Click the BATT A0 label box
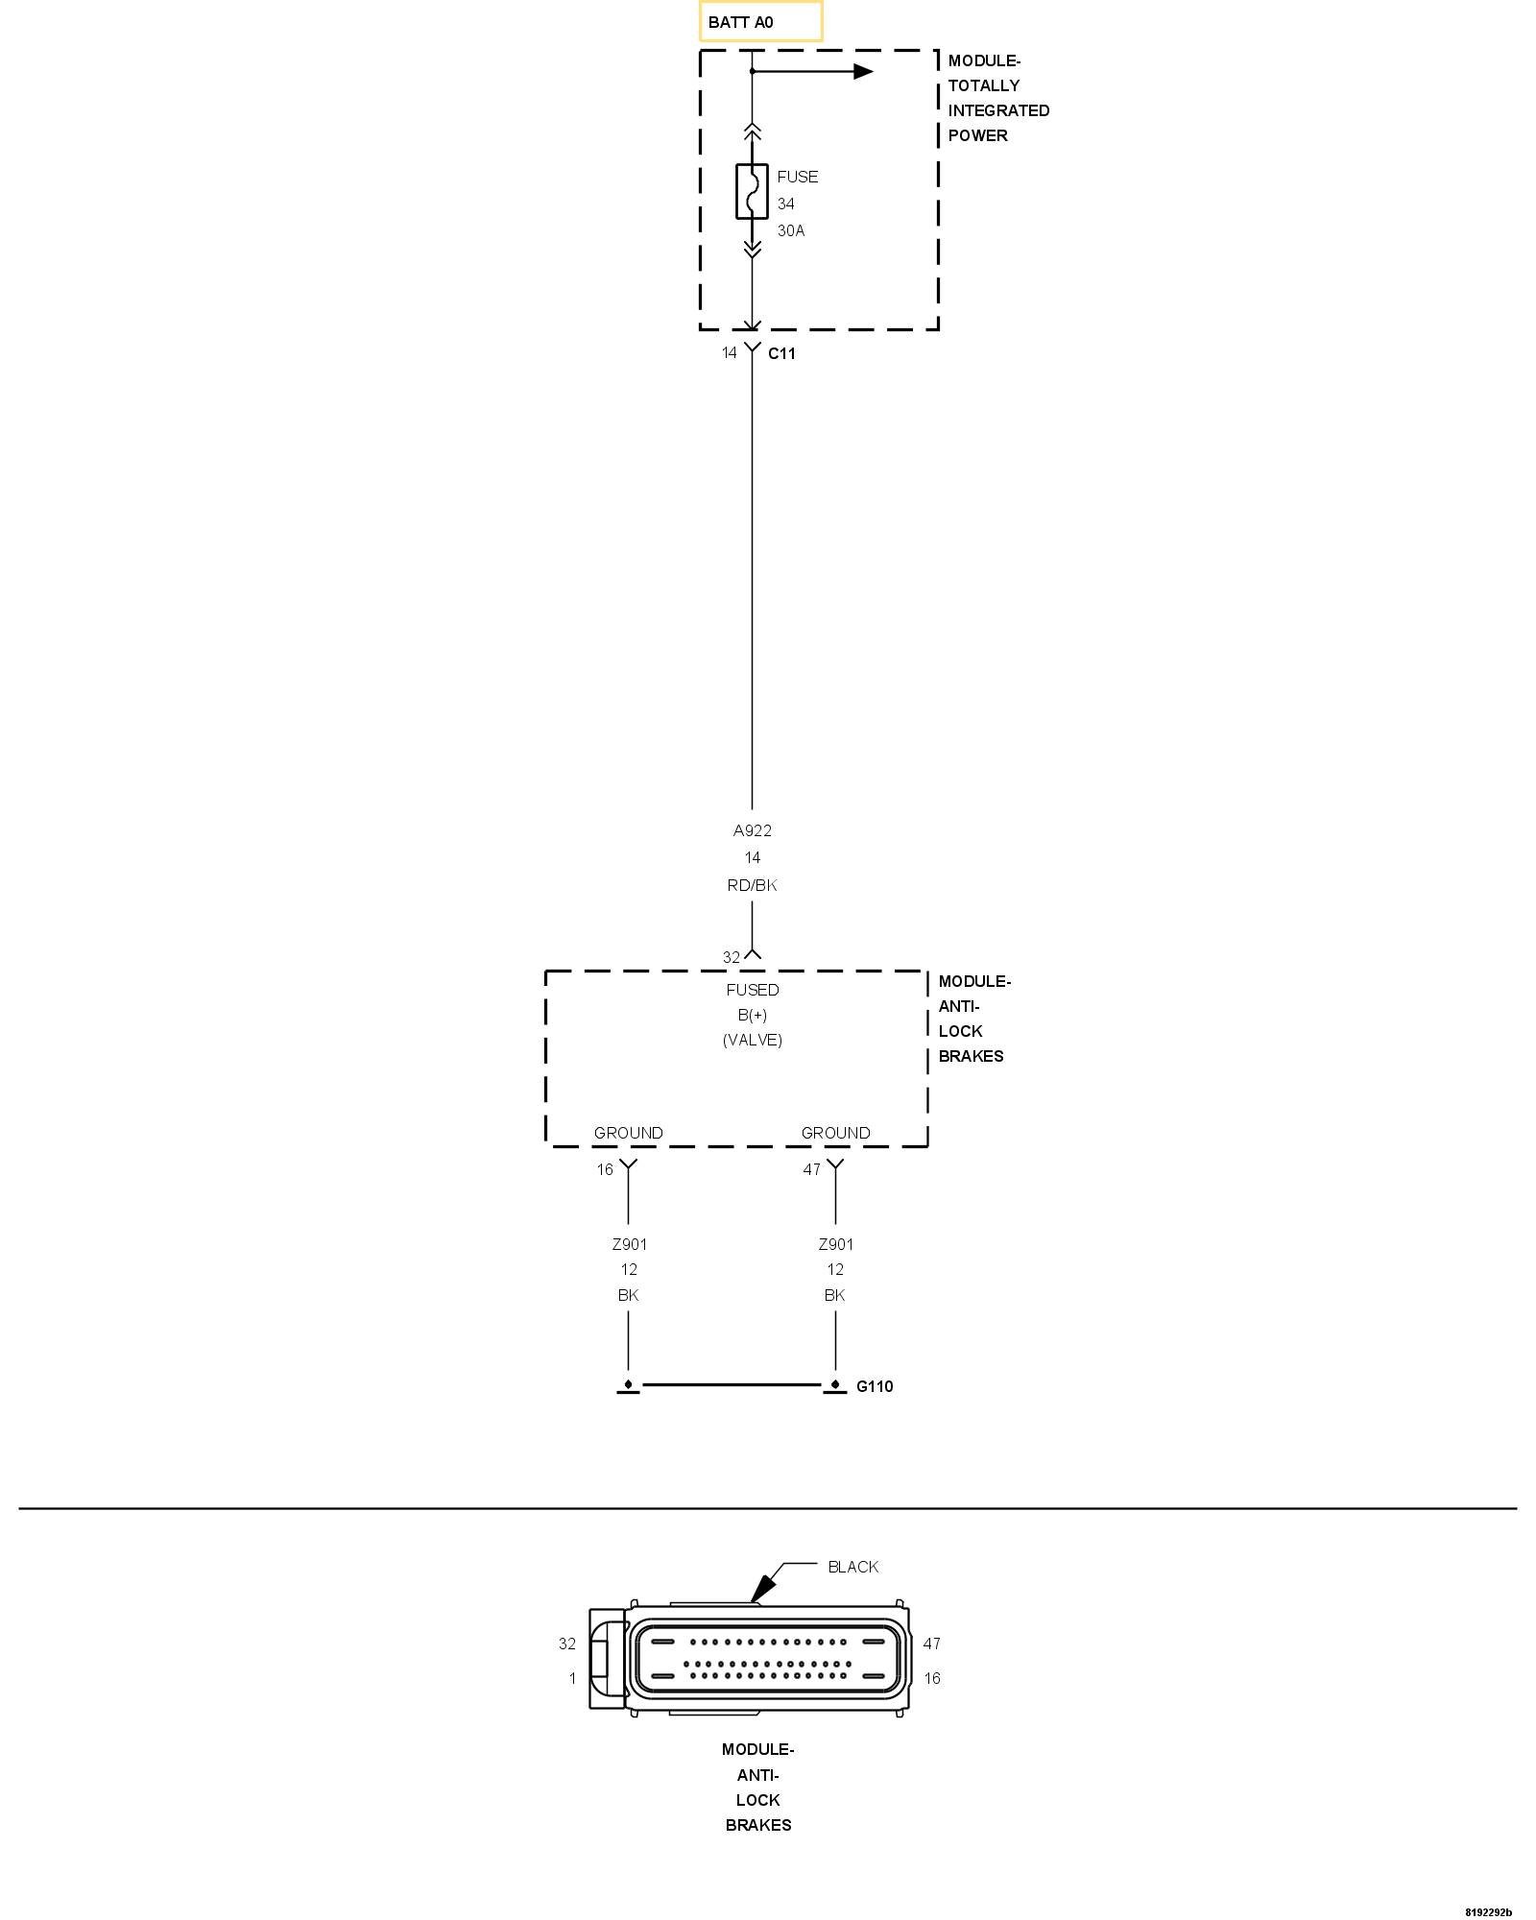(x=760, y=21)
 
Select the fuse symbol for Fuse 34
(x=752, y=191)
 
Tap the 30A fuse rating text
(x=791, y=230)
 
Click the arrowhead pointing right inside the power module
(x=863, y=71)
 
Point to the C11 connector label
(x=781, y=353)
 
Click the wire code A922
(x=752, y=830)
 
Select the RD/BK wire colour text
(x=752, y=885)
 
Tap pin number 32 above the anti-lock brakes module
(x=732, y=957)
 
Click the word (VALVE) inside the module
(x=753, y=1040)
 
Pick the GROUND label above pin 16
(x=628, y=1133)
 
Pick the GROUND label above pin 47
(x=835, y=1133)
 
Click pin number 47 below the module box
(x=812, y=1169)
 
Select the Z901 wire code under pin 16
(x=629, y=1244)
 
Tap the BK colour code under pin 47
(x=834, y=1295)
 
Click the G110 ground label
(x=875, y=1386)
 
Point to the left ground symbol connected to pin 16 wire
(x=628, y=1386)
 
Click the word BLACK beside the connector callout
(x=852, y=1567)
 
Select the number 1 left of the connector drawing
(x=572, y=1678)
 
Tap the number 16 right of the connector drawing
(x=931, y=1678)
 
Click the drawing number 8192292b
(x=1488, y=1911)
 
